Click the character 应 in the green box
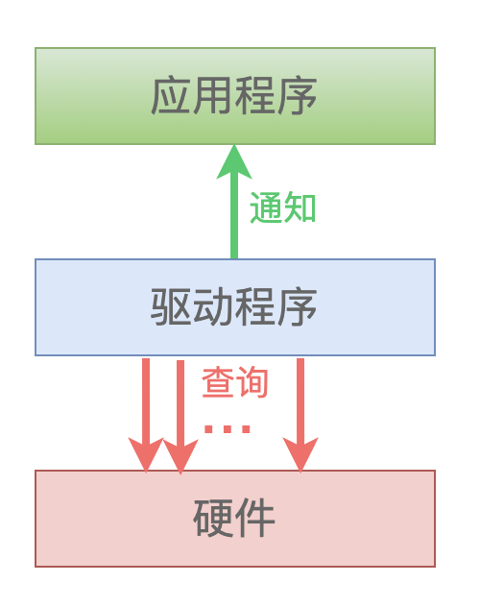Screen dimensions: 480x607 point(171,96)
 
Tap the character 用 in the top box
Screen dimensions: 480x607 point(213,96)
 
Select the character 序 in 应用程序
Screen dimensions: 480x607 point(297,96)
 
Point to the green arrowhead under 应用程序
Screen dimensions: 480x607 point(234,161)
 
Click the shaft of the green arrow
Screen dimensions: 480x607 point(234,219)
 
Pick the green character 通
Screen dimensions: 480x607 point(267,207)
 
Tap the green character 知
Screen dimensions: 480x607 point(300,207)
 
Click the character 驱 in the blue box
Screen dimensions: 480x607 point(171,306)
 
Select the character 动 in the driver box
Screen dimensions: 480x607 point(213,306)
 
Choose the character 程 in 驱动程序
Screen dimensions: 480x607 point(255,306)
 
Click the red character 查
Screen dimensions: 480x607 point(218,382)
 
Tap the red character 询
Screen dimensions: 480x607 point(252,382)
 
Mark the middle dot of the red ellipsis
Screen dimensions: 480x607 point(228,429)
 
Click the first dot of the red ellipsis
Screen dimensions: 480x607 point(209,429)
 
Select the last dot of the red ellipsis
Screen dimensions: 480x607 point(246,429)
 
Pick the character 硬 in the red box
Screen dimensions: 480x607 point(213,518)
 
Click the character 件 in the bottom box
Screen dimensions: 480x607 point(255,518)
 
